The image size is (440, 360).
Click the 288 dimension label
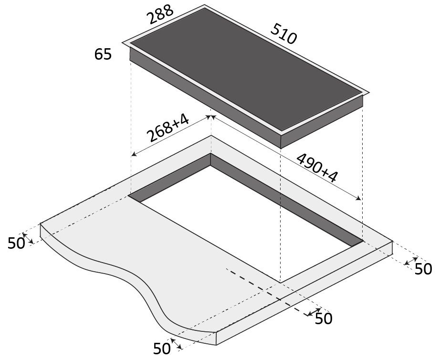pos(160,15)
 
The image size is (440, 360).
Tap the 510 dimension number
pos(283,34)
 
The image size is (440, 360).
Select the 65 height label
pos(103,54)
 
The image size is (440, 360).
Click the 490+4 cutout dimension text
pos(317,168)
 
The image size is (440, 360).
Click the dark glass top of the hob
pos(246,69)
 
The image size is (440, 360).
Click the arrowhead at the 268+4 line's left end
pos(134,154)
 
